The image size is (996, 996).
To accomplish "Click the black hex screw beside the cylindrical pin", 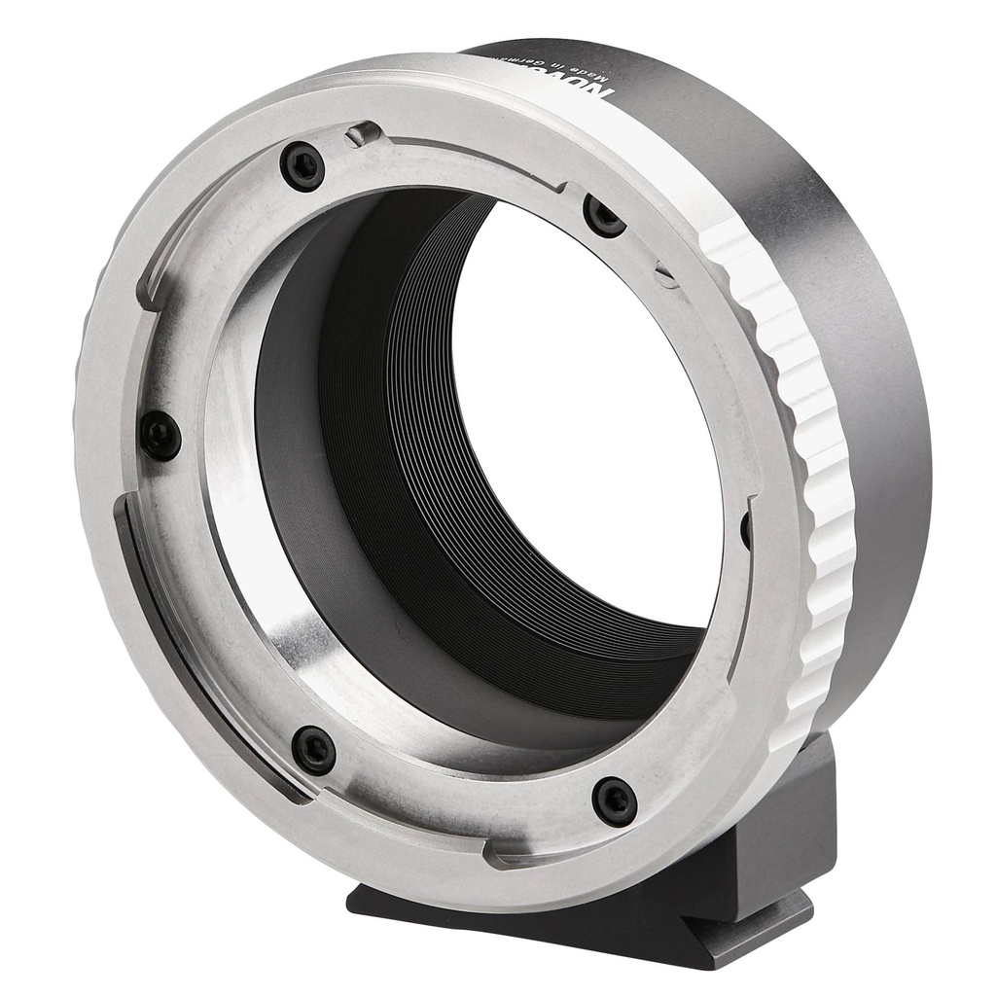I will [302, 166].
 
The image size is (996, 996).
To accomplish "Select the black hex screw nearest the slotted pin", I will [603, 215].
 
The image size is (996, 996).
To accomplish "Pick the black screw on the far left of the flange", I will [160, 435].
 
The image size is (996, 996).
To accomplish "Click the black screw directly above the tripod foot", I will [615, 800].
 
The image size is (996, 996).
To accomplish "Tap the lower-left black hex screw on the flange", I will [314, 750].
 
